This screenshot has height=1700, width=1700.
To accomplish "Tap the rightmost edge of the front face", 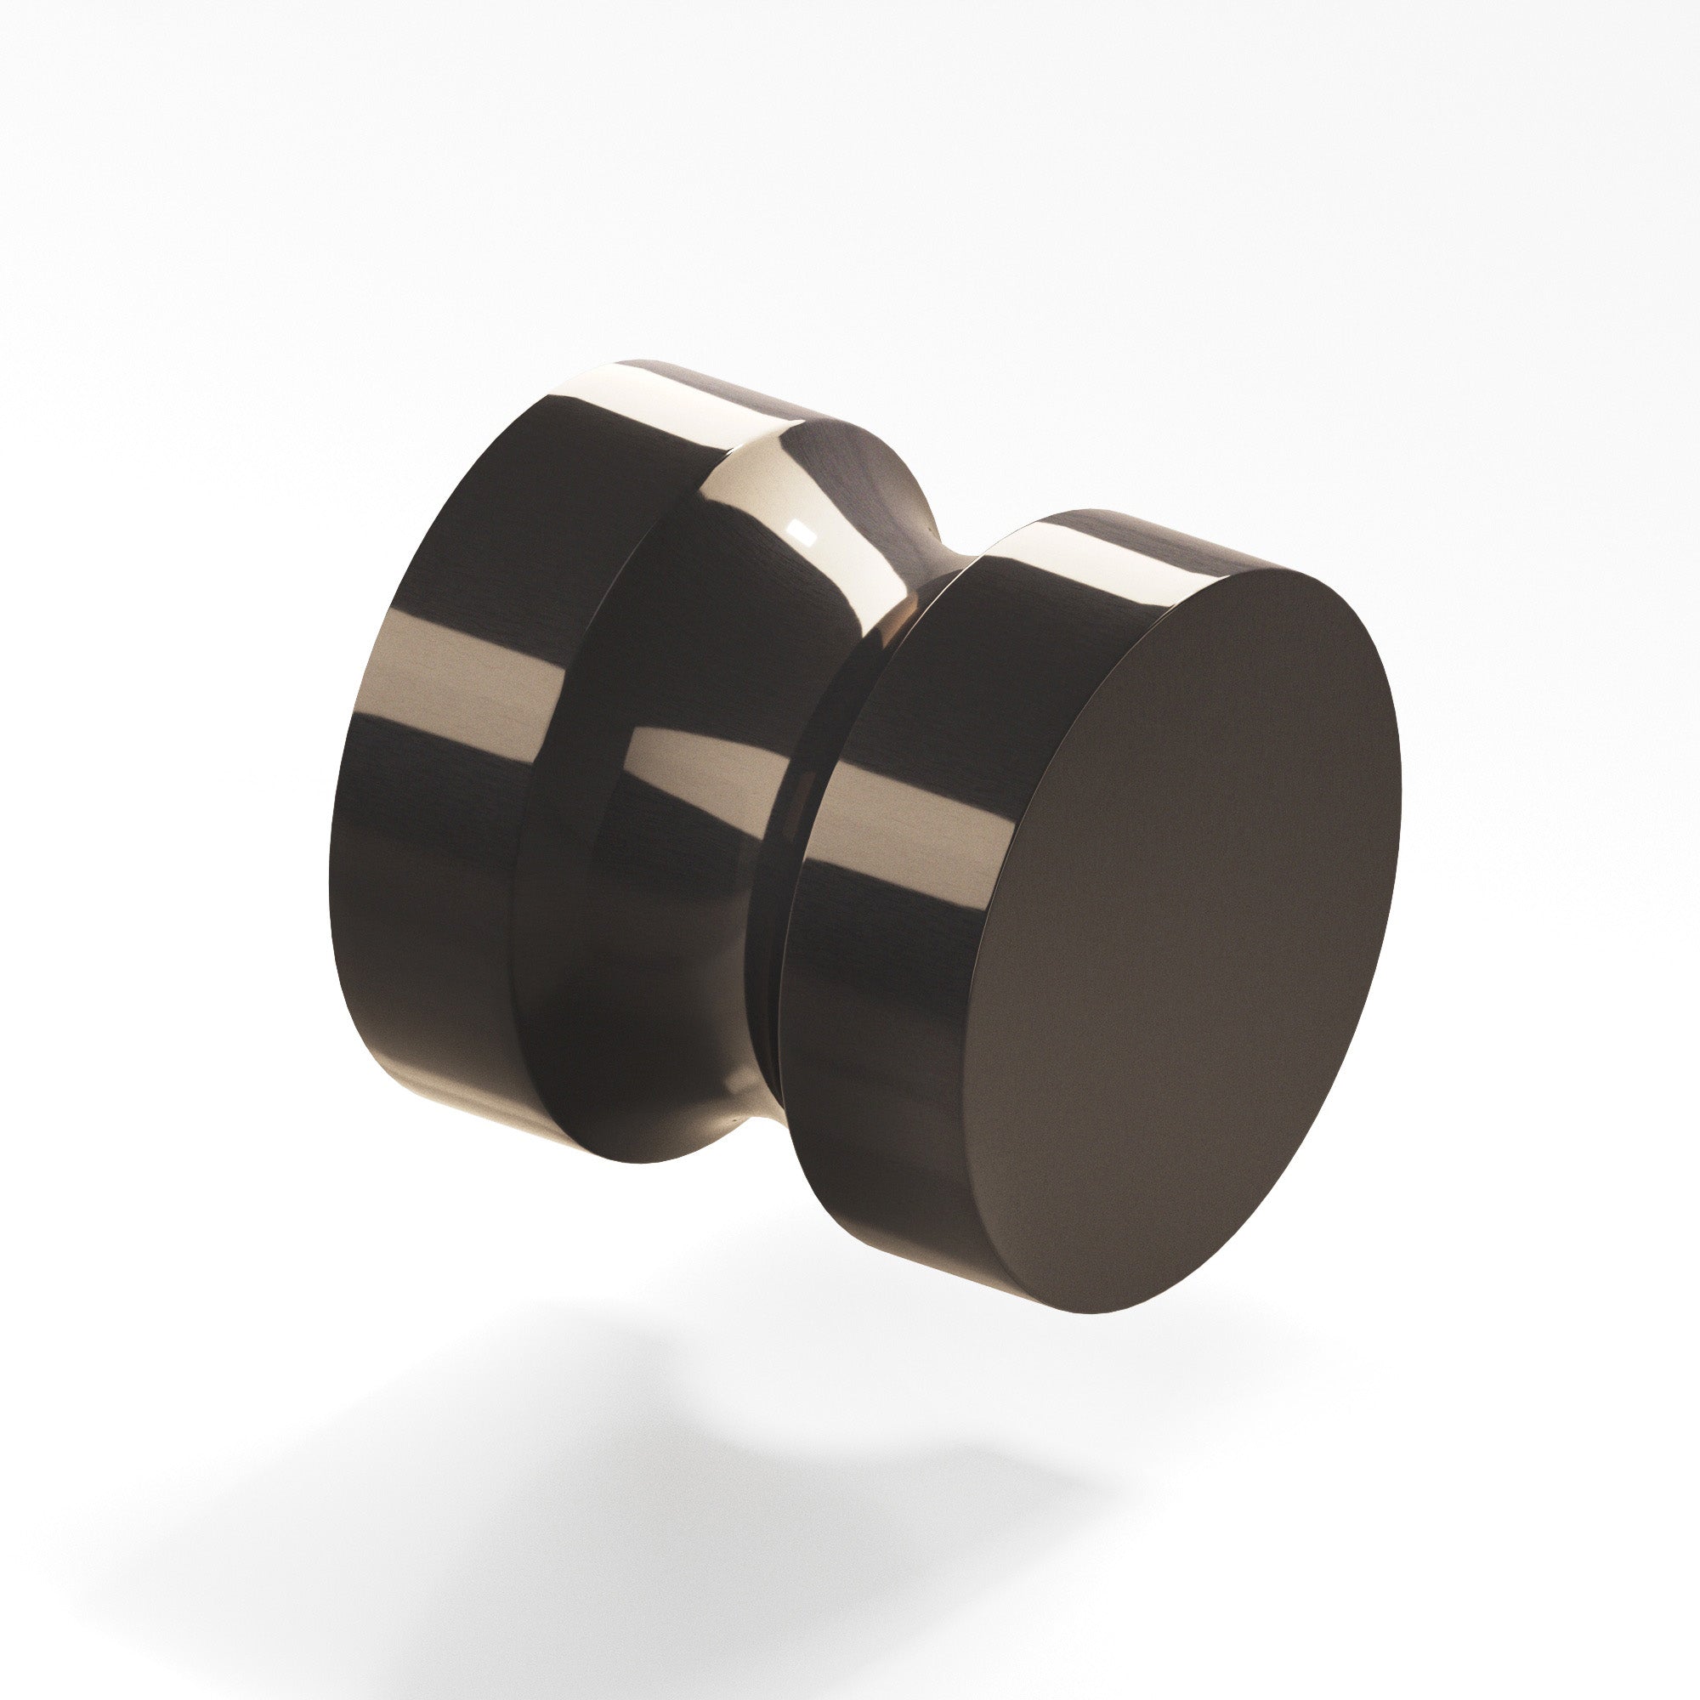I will tap(1399, 792).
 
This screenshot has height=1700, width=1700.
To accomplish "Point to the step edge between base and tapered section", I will tap(536, 792).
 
